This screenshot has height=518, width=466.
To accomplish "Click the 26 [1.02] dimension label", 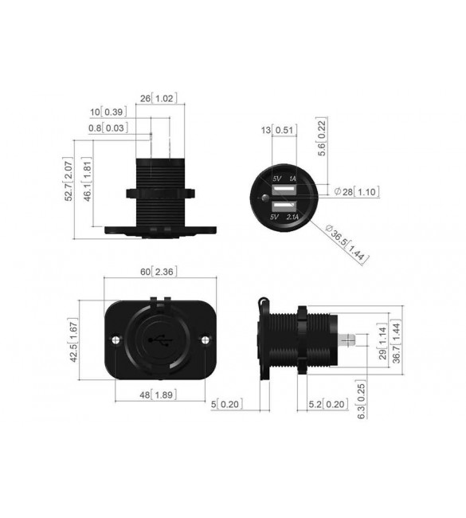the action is [159, 99].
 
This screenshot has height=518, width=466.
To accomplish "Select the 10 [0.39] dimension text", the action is [108, 112].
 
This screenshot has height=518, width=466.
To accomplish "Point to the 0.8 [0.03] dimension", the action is [108, 128].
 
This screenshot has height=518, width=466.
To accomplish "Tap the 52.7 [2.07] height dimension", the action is [69, 181].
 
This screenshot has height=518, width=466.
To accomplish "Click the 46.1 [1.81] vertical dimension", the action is [88, 179].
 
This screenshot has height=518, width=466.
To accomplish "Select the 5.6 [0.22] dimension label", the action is [322, 136].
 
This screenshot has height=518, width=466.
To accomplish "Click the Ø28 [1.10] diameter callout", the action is [357, 191].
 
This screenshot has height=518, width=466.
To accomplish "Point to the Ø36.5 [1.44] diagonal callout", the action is [347, 244].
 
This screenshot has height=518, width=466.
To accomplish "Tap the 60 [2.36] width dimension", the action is [159, 272].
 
